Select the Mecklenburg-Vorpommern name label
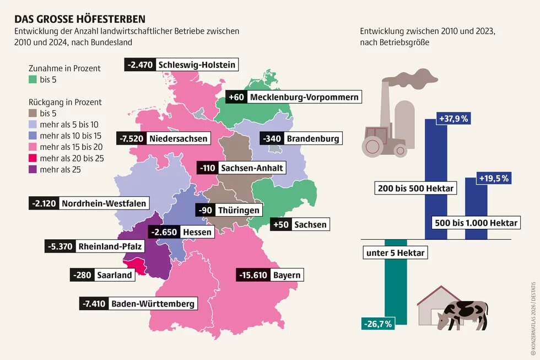point(304,98)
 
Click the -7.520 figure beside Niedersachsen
point(131,138)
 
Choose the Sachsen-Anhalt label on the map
point(252,168)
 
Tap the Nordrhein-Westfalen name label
point(104,203)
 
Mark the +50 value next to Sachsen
point(280,224)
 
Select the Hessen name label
point(197,232)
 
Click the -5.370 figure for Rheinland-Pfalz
point(59,246)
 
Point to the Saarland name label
point(115,275)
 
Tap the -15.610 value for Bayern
point(253,275)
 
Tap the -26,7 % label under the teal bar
point(377,324)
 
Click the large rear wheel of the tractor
point(373,146)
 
